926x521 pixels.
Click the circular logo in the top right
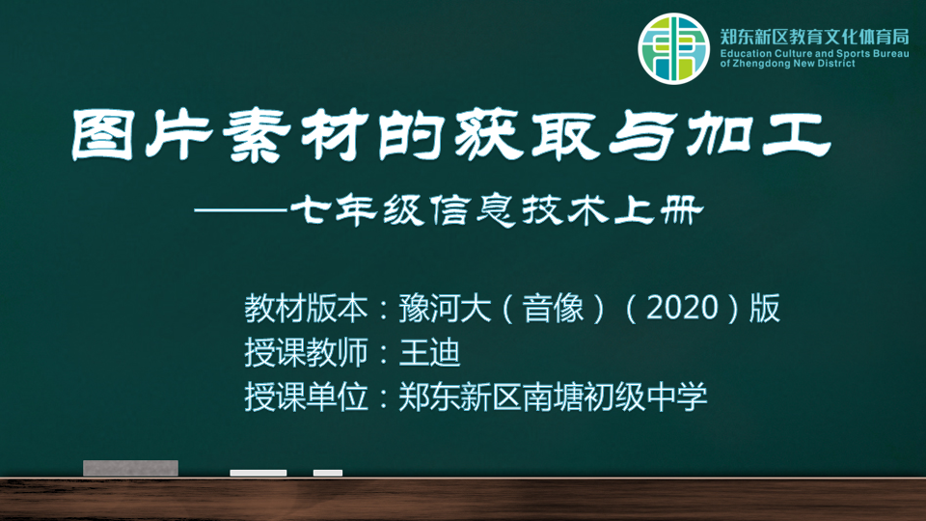(673, 48)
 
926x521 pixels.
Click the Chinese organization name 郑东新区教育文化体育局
(814, 37)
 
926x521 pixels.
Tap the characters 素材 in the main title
(295, 135)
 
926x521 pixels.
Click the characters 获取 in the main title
(527, 135)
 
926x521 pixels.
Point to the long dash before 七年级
(241, 209)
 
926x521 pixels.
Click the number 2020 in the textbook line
(682, 308)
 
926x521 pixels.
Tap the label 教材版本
(306, 308)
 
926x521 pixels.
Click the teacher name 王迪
(429, 352)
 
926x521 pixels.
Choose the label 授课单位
(306, 397)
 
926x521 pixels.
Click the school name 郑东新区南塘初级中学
(553, 397)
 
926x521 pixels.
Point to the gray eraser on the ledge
(130, 468)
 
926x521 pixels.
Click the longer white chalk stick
(259, 473)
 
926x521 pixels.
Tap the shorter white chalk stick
(328, 473)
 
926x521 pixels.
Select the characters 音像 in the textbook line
(553, 308)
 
